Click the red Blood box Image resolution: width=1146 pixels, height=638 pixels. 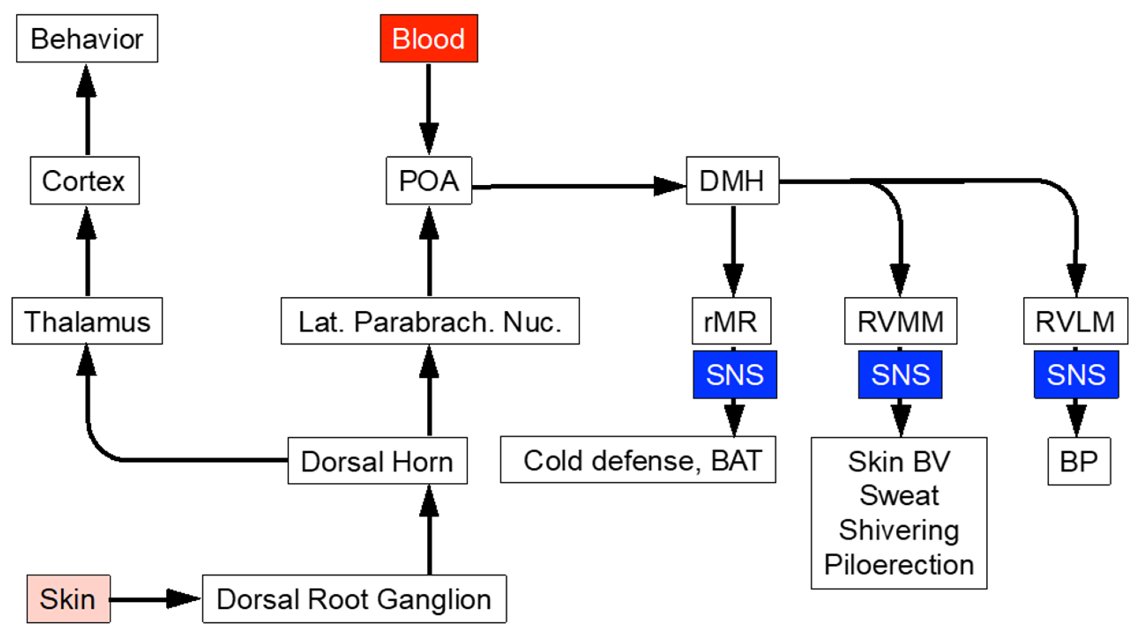pyautogui.click(x=428, y=38)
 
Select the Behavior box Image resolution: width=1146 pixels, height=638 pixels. pyautogui.click(x=87, y=38)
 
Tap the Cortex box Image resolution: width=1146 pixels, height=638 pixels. pyautogui.click(x=85, y=181)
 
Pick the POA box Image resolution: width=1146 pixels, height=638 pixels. pyautogui.click(x=428, y=181)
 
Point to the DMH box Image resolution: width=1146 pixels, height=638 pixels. pyautogui.click(x=732, y=181)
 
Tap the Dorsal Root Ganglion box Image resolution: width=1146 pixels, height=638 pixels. pyautogui.click(x=354, y=599)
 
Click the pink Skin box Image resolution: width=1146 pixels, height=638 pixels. pyautogui.click(x=68, y=599)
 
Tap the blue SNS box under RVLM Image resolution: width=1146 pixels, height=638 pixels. pyautogui.click(x=1076, y=374)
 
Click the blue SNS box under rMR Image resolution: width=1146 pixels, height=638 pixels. pyautogui.click(x=735, y=374)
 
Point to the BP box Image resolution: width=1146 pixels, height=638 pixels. pyautogui.click(x=1079, y=461)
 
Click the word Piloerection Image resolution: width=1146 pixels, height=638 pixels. pyautogui.click(x=899, y=565)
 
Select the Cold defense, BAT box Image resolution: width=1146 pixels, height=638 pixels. pyautogui.click(x=638, y=460)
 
